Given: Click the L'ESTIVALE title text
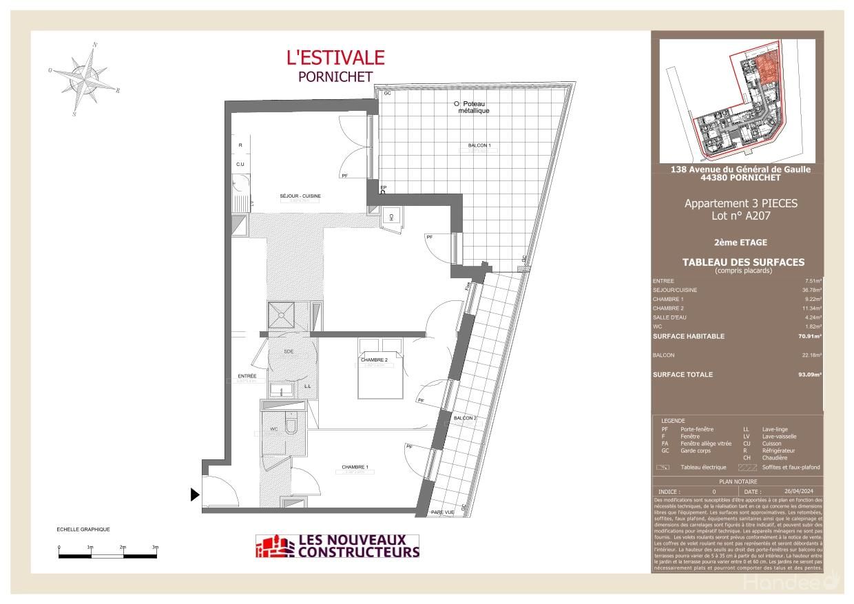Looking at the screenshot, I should (335, 58).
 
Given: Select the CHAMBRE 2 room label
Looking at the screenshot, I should (375, 360).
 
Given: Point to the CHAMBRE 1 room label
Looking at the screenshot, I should (355, 468).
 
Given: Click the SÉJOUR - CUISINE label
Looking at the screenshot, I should (300, 196).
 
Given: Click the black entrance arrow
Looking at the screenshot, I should (195, 494).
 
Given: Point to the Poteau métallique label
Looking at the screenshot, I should (473, 107).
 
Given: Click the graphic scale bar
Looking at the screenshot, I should (108, 554).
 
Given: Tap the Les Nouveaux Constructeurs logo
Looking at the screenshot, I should (337, 546).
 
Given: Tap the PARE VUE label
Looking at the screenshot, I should (442, 512).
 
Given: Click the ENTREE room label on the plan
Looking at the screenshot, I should (247, 376).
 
